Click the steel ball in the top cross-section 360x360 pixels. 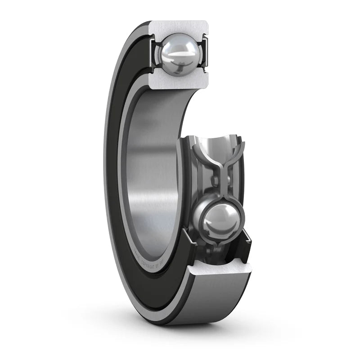180,54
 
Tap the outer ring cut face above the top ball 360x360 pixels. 179,27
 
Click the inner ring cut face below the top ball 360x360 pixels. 179,82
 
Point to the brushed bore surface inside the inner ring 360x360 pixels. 153,180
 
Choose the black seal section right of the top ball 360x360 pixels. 207,54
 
